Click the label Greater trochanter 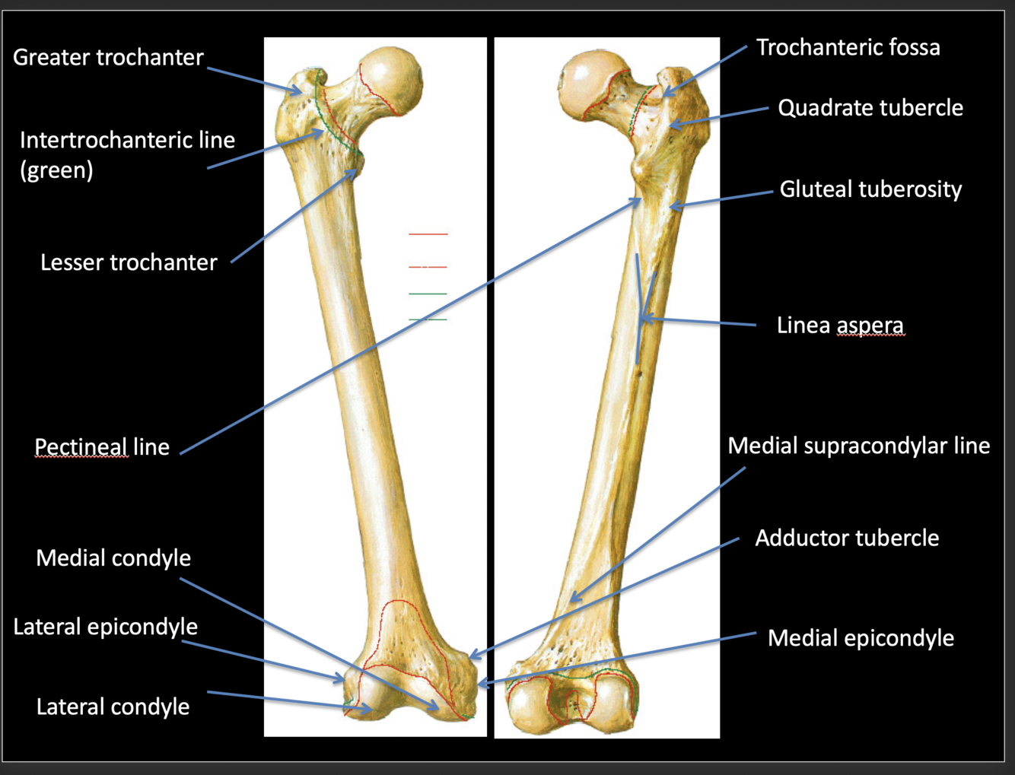108,58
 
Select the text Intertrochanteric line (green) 127,154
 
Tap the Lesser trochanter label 129,262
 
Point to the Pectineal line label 102,447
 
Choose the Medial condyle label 113,558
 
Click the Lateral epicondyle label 105,627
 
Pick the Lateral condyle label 113,707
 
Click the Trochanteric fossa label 848,48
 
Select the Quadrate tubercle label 870,108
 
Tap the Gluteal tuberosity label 870,189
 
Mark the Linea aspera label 840,326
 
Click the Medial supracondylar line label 858,446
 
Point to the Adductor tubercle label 846,538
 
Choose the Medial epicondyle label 860,638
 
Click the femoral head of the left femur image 390,78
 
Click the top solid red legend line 428,234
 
